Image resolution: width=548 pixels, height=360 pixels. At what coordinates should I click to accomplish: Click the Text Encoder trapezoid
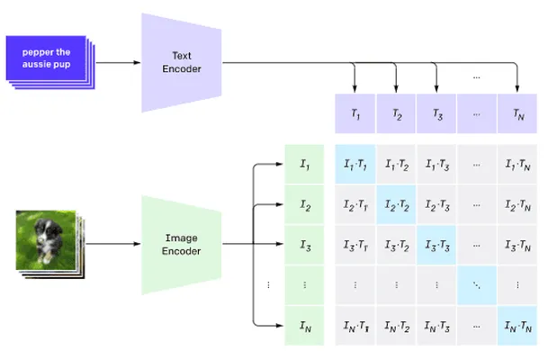click(182, 63)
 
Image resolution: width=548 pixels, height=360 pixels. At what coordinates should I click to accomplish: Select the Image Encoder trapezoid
click(182, 245)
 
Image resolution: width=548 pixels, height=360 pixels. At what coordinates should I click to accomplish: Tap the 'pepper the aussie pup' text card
click(46, 58)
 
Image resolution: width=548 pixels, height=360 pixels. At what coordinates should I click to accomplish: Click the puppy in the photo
click(47, 240)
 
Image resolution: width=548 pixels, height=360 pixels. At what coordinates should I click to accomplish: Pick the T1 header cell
click(355, 113)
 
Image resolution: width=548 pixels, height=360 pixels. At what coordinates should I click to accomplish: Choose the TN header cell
click(517, 113)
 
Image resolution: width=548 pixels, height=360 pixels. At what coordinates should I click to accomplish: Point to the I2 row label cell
click(304, 205)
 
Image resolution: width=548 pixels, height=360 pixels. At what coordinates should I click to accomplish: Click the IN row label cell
click(304, 326)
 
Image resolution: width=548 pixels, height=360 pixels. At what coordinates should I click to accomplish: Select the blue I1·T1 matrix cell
click(355, 165)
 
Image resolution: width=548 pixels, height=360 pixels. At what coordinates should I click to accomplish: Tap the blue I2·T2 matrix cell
click(396, 205)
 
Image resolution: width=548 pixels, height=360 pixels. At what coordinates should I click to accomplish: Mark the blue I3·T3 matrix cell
click(436, 245)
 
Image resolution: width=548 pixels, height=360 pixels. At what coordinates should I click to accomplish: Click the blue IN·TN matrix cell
click(517, 326)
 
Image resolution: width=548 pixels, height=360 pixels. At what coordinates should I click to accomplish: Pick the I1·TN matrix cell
click(517, 165)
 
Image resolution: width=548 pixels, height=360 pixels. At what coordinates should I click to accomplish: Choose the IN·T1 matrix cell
click(355, 326)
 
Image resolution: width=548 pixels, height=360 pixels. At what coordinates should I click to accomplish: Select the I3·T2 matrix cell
click(396, 245)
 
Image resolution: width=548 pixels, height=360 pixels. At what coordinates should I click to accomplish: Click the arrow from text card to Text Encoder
click(118, 63)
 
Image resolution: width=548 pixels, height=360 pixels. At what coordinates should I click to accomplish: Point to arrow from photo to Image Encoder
click(113, 244)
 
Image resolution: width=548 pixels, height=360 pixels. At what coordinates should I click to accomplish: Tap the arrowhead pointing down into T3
click(436, 89)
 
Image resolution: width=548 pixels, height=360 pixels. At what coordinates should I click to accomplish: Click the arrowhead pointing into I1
click(279, 164)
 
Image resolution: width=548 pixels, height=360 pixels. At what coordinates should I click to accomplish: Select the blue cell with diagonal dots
click(477, 285)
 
